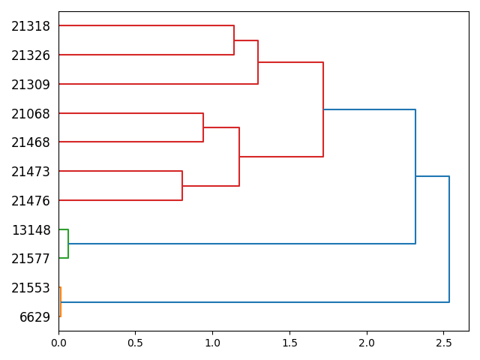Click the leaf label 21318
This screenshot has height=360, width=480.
(31, 26)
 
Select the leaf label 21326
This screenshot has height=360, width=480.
(31, 55)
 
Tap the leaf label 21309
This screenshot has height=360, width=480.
(31, 85)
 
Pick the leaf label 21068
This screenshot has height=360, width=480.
(31, 114)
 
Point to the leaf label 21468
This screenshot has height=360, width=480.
(31, 142)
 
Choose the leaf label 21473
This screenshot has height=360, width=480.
(31, 172)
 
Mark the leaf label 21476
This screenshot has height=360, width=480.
(31, 201)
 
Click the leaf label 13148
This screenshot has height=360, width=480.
(31, 230)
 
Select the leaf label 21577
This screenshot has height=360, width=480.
(31, 259)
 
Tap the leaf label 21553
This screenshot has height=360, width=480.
(31, 288)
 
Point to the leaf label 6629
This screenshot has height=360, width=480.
(34, 317)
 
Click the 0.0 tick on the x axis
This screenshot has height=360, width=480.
(58, 343)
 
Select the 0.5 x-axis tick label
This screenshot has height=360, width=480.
(136, 343)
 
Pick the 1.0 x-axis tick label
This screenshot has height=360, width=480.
(212, 343)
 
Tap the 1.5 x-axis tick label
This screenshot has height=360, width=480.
(289, 343)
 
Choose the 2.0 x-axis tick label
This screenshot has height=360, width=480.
(367, 343)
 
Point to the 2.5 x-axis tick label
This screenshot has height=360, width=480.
(443, 343)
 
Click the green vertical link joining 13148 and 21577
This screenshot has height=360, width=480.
(68, 244)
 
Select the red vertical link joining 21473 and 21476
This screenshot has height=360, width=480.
(182, 186)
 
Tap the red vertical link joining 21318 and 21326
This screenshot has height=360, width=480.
(234, 40)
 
